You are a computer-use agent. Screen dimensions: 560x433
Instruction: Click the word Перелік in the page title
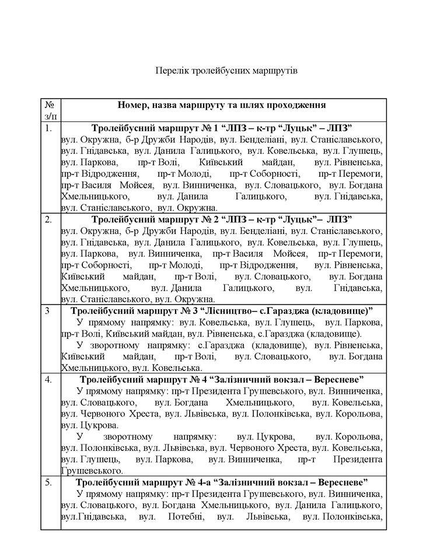coord(171,71)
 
